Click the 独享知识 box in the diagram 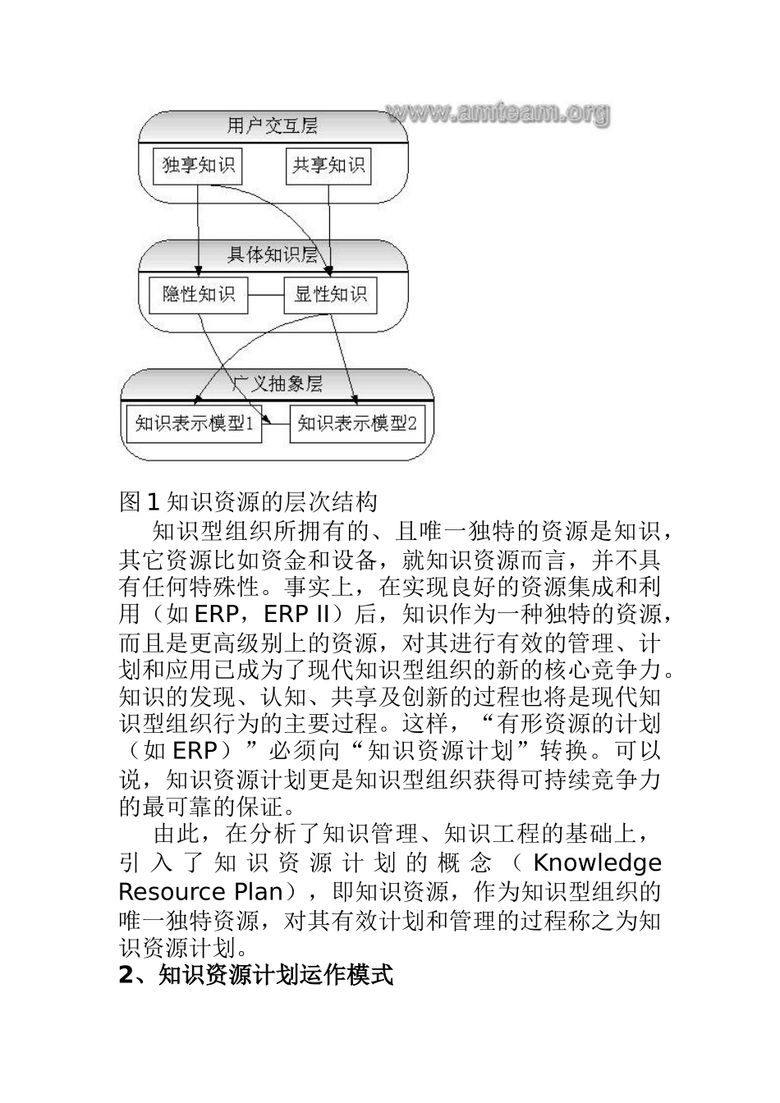pos(198,165)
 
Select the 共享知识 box pos(328,165)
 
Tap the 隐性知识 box pos(198,294)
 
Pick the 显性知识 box pos(330,295)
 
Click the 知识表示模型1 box pos(195,423)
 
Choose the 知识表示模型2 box pos(357,423)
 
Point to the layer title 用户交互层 pos(272,126)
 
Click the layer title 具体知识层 pos(272,254)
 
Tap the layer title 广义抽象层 pos(277,383)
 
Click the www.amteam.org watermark pos(498,112)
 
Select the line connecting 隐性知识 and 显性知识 pos(265,295)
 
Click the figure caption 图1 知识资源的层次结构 pos(248,501)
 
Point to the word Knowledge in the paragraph pos(597,863)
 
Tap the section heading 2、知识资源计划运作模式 pos(256,976)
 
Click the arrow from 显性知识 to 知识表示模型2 pos(344,357)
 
